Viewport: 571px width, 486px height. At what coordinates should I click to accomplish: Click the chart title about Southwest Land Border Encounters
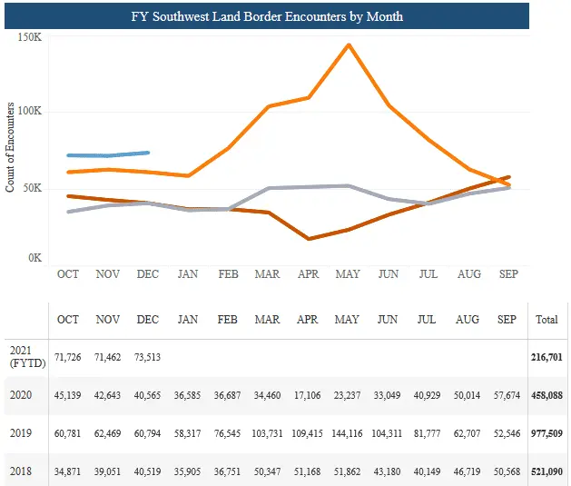[x=292, y=16]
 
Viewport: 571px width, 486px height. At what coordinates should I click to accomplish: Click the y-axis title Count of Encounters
[x=10, y=146]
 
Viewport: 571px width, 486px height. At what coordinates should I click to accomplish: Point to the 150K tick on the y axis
[x=30, y=38]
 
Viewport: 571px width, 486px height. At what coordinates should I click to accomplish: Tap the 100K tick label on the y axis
[x=30, y=112]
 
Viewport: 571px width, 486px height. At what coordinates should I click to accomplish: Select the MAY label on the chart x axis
[x=348, y=273]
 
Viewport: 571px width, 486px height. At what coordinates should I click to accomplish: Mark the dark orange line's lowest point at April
[x=310, y=239]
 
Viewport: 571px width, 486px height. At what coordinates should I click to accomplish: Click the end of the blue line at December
[x=148, y=153]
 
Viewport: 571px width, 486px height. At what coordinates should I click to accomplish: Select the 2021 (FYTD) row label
[x=23, y=356]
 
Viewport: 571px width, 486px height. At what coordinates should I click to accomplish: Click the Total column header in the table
[x=546, y=320]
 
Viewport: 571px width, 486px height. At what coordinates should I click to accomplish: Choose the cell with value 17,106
[x=309, y=394]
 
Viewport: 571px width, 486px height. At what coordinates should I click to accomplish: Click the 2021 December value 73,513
[x=147, y=357]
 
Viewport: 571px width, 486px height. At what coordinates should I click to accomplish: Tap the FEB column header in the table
[x=228, y=320]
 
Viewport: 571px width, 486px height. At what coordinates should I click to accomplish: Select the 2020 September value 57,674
[x=507, y=394]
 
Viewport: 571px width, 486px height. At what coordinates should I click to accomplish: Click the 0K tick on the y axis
[x=34, y=259]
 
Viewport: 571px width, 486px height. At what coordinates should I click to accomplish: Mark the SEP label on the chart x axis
[x=507, y=273]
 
